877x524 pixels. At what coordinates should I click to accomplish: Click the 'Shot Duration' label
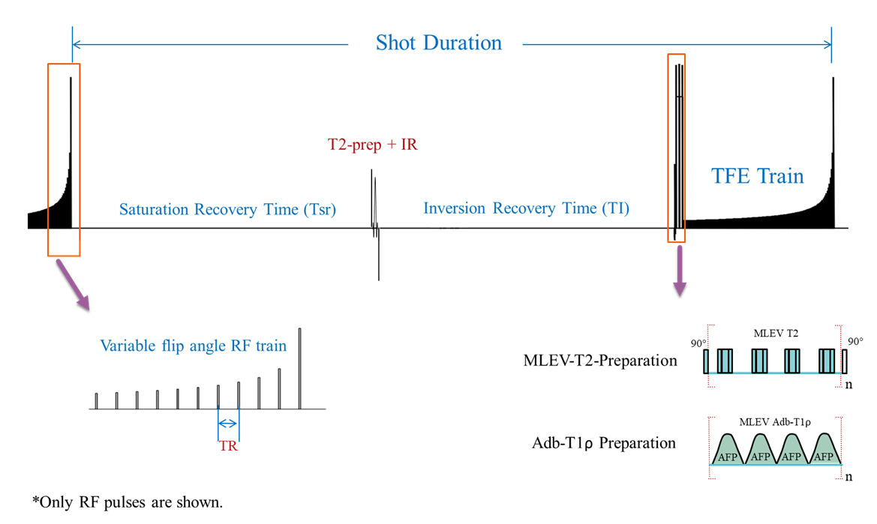point(439,43)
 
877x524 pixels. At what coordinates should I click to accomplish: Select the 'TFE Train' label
point(757,176)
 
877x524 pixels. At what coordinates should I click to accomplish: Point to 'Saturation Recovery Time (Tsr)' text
point(227,209)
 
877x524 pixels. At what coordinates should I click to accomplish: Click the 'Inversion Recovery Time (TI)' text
point(526,208)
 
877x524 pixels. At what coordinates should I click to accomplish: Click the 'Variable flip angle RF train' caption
point(194,346)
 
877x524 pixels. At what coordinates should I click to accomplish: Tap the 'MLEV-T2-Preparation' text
point(600,361)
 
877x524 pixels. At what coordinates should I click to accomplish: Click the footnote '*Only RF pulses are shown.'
point(128,502)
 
